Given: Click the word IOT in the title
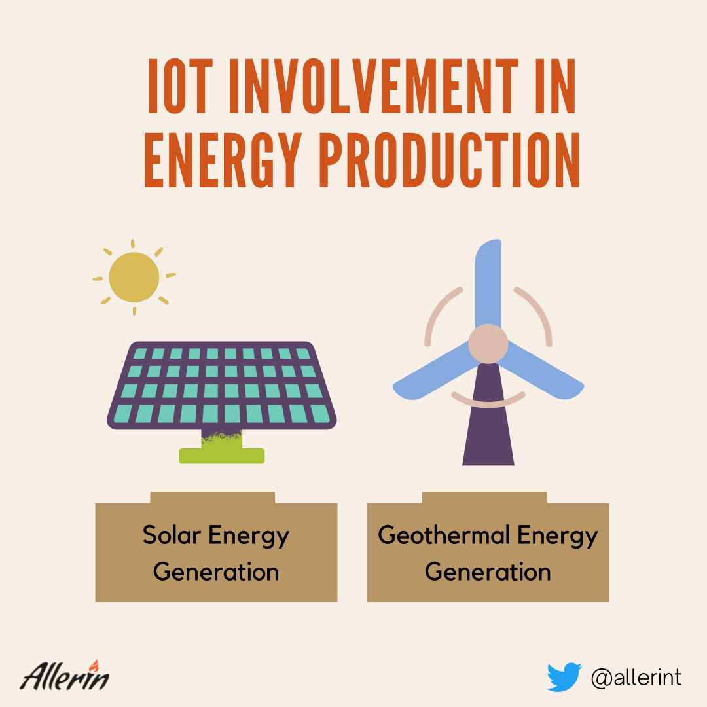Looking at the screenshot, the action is click(x=181, y=86).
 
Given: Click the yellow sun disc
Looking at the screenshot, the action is click(x=134, y=277).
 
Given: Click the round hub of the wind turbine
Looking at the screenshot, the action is click(x=488, y=344).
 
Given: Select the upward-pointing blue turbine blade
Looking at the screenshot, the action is click(x=488, y=284).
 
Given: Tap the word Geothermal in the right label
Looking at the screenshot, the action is click(x=444, y=535).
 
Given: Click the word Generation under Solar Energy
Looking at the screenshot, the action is click(x=216, y=571).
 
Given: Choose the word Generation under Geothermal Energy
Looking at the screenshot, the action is click(x=488, y=571).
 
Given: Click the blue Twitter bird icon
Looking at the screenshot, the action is click(x=564, y=678).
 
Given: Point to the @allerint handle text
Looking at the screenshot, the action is click(x=636, y=678).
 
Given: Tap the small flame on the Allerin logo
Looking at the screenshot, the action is click(x=94, y=666).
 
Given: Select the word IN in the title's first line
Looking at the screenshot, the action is click(x=556, y=86).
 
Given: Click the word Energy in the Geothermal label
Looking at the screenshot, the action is click(x=558, y=536).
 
